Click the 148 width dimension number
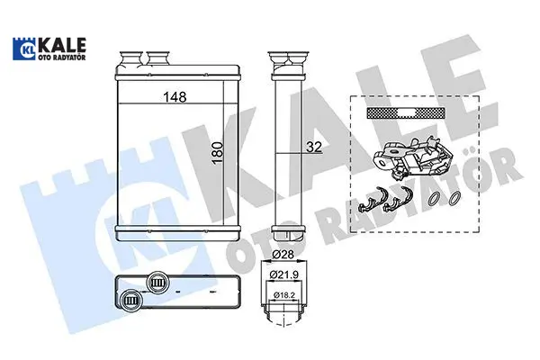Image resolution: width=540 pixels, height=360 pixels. (x=175, y=97)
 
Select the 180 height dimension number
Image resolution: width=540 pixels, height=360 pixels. (x=218, y=153)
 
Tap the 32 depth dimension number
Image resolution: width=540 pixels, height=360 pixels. (x=314, y=147)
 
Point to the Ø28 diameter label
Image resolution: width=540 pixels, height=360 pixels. (x=283, y=254)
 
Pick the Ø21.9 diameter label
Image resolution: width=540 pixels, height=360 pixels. (x=283, y=274)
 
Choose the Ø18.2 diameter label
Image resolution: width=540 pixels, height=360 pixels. (x=283, y=295)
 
